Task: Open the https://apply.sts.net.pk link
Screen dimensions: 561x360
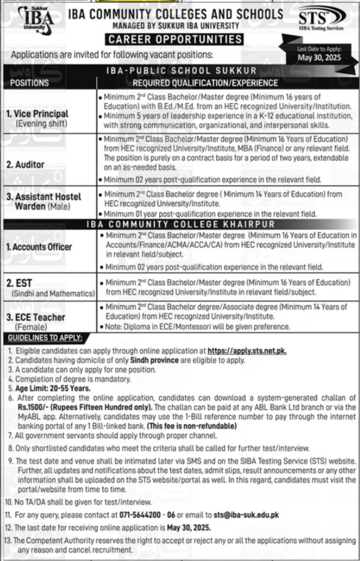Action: [x=254, y=350]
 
